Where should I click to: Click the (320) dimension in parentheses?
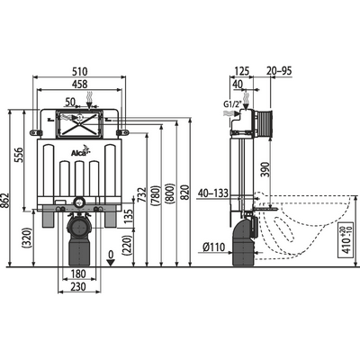pos(28,240)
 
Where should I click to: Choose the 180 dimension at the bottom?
pos(79,274)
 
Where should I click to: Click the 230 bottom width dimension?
pos(79,287)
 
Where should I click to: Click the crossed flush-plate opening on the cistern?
pos(79,122)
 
